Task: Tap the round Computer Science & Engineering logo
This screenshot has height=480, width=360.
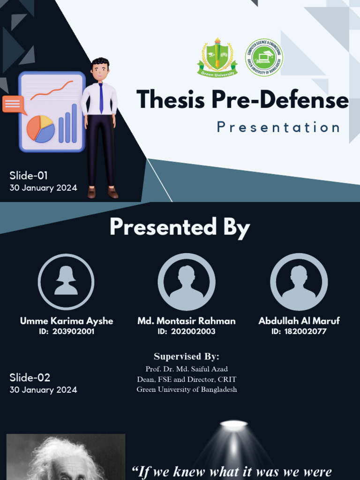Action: click(x=264, y=57)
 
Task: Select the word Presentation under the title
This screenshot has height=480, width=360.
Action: click(x=278, y=127)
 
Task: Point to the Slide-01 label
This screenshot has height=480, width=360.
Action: click(x=29, y=176)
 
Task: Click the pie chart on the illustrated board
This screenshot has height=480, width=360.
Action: click(x=40, y=129)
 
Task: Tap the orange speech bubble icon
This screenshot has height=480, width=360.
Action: click(x=13, y=104)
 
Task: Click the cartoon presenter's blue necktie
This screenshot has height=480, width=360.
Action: click(x=101, y=98)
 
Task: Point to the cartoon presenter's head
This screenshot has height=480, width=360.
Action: click(x=100, y=69)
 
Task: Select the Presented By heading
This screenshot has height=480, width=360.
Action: click(x=180, y=227)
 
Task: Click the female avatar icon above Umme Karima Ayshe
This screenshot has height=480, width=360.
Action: click(x=66, y=282)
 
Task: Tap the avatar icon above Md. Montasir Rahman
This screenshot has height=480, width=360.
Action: click(x=187, y=282)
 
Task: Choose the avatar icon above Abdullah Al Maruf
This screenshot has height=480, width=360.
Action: click(x=299, y=282)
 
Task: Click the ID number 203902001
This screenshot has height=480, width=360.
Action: click(x=73, y=331)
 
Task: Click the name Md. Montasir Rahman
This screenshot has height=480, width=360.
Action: click(x=187, y=321)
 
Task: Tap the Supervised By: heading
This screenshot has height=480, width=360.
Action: click(x=187, y=356)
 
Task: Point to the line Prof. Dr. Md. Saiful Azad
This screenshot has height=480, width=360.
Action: click(x=187, y=369)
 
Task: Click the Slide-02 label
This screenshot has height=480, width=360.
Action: click(x=30, y=378)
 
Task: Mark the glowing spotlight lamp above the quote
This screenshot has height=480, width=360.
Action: click(x=234, y=425)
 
